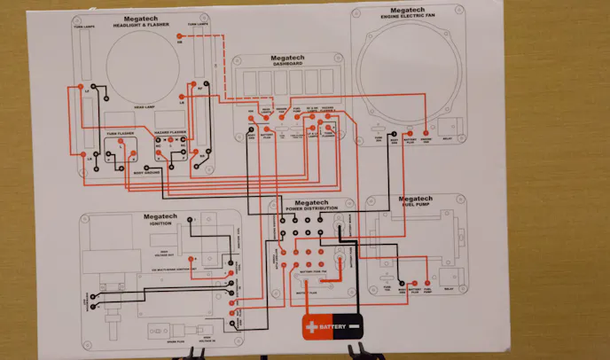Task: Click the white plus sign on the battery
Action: point(311,327)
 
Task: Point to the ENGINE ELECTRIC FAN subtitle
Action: point(408,18)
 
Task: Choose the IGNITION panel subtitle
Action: point(161,223)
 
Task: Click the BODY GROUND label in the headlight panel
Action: point(145,171)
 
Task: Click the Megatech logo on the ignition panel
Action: point(161,215)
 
